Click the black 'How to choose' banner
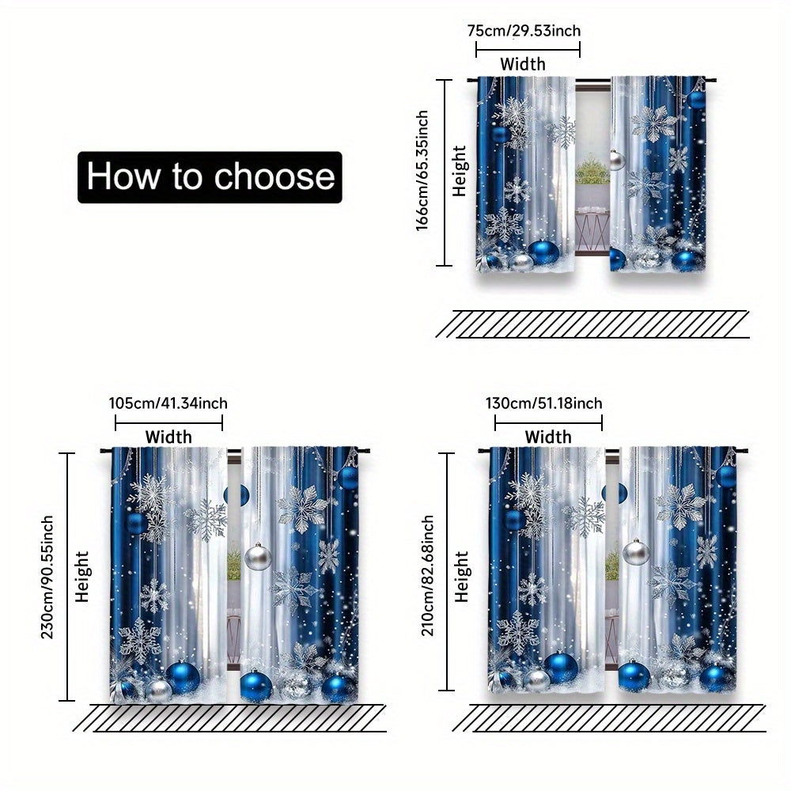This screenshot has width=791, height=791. click(210, 177)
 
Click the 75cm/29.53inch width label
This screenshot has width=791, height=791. click(524, 31)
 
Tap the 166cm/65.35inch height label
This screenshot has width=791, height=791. click(422, 171)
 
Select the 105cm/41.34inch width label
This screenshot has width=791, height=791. click(168, 403)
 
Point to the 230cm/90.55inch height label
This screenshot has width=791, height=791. click(47, 577)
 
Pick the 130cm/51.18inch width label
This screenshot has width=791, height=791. click(544, 403)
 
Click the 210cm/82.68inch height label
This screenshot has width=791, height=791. click(427, 575)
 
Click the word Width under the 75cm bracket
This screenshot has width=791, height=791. click(523, 64)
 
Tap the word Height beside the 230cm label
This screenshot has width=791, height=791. click(81, 577)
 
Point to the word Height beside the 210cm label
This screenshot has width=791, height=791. click(462, 577)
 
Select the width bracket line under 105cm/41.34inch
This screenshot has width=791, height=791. click(168, 422)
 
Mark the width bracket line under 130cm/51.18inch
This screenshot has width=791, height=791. click(548, 422)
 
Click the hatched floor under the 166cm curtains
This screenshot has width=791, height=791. click(592, 324)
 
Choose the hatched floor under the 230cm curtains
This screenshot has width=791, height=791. click(230, 718)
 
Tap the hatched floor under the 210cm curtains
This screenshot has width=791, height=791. click(609, 718)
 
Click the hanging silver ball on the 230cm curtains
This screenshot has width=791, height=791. click(258, 557)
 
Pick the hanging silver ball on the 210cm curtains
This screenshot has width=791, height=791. click(636, 552)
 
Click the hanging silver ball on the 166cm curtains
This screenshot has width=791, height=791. click(616, 160)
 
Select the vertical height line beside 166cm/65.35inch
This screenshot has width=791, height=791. click(444, 172)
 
